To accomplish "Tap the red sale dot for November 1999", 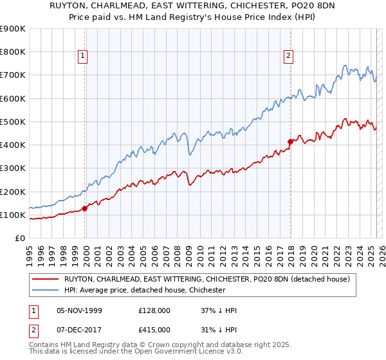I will click(85, 208).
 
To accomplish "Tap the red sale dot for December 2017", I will click(290, 141).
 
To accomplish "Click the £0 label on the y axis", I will click(20, 239).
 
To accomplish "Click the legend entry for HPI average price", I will click(145, 290).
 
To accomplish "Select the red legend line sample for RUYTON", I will click(46, 279).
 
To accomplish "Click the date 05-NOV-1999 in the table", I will click(80, 310).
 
